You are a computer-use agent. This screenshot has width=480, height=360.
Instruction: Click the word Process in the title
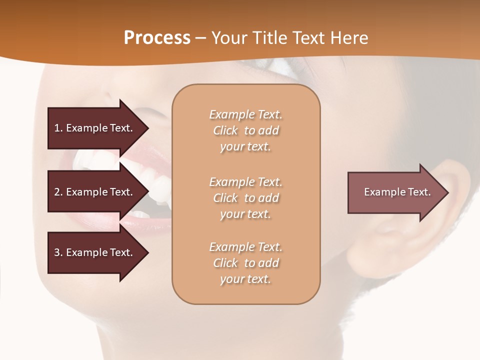(157, 38)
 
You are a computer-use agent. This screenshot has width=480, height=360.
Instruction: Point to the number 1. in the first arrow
(58, 128)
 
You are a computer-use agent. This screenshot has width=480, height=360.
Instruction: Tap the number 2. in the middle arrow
(58, 192)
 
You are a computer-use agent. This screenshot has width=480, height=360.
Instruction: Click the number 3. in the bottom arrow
(58, 252)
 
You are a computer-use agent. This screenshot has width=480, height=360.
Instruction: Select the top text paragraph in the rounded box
(246, 130)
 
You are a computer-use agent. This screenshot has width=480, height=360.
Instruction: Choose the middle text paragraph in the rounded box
(246, 198)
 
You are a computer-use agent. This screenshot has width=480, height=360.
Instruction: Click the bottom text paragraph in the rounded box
(246, 263)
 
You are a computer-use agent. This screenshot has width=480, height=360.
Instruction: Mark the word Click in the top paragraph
(225, 130)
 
